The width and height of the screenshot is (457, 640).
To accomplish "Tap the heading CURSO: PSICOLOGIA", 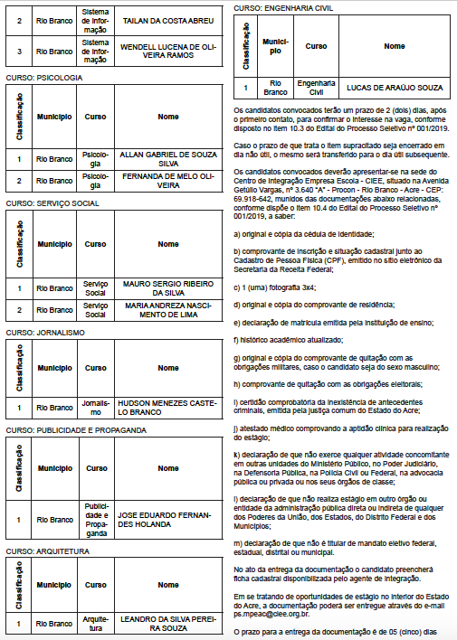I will [x=44, y=78].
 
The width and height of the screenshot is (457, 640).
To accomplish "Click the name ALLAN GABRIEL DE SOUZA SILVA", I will [x=168, y=159].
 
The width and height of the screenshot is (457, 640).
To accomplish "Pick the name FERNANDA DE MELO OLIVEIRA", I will [x=168, y=182].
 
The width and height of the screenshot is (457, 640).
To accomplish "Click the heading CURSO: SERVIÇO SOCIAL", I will [x=52, y=203].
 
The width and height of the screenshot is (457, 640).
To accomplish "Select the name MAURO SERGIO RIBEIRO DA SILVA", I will [x=168, y=287].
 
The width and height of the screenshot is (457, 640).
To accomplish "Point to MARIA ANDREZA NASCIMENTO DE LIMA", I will [x=168, y=310].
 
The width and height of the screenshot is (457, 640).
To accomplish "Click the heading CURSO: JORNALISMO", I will [x=45, y=332].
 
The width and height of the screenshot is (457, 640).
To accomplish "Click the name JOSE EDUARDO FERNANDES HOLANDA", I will [x=168, y=520].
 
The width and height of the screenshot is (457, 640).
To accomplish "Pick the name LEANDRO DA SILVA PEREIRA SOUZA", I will [x=168, y=624].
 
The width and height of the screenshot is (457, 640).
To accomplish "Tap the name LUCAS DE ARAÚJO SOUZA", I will [x=395, y=87].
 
